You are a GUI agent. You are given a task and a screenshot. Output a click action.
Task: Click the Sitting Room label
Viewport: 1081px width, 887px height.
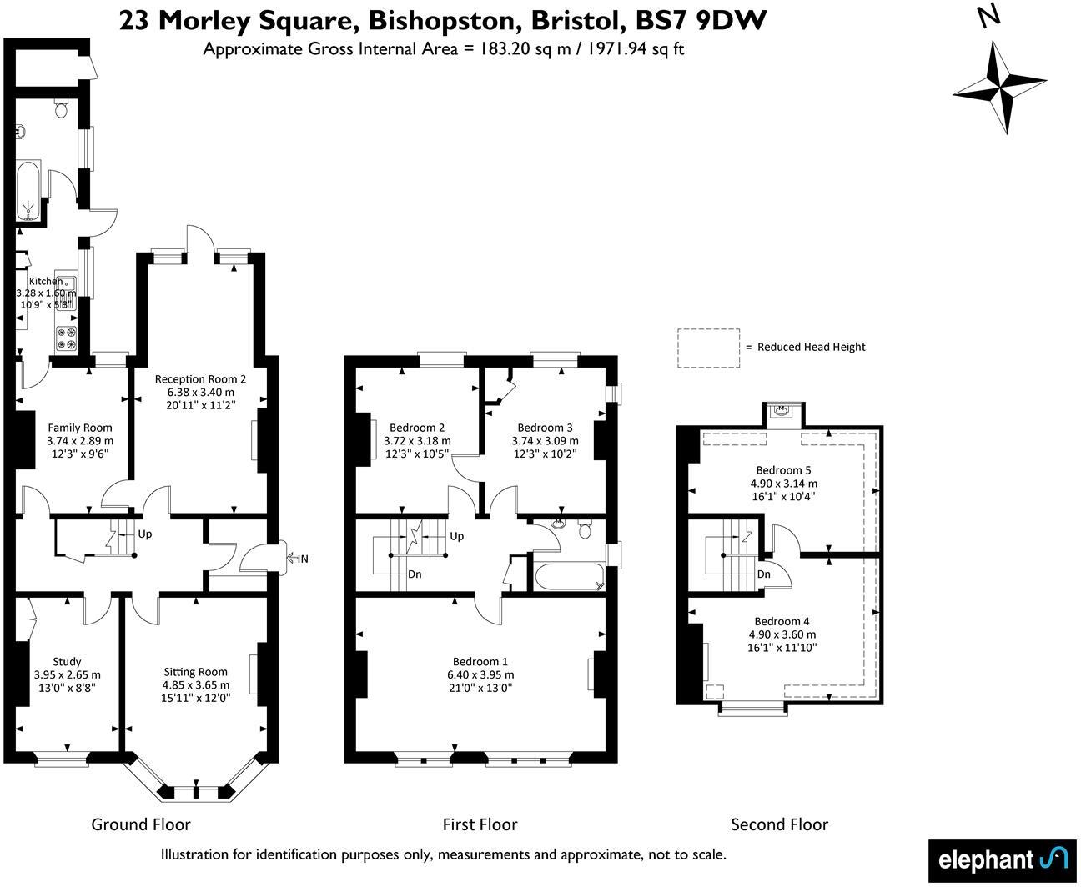[195, 672]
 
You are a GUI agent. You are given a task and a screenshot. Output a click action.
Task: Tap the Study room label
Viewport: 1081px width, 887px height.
[67, 662]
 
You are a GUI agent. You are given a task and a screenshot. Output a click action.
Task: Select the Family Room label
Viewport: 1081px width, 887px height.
[79, 428]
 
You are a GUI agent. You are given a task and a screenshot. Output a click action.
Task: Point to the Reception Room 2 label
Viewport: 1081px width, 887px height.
[200, 378]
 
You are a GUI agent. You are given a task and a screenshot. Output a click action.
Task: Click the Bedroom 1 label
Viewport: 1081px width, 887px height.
[480, 662]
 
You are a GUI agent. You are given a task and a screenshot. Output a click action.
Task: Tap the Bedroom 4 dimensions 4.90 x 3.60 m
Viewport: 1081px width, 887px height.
[782, 634]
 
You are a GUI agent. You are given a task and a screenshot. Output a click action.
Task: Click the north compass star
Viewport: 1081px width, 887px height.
[999, 87]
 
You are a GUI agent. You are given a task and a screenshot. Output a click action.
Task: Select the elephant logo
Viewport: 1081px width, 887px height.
[1002, 859]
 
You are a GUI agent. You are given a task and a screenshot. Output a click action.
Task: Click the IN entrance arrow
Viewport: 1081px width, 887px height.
[297, 558]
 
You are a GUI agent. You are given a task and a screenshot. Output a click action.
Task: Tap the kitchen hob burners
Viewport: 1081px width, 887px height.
[67, 338]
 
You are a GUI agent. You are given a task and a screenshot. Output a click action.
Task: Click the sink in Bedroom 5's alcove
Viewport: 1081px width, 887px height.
[782, 410]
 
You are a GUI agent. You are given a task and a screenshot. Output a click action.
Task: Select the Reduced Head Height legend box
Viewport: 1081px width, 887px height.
[708, 347]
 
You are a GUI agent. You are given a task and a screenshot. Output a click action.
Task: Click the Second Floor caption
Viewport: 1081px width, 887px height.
[779, 824]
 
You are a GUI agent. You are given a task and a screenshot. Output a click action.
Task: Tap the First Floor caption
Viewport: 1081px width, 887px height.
[480, 824]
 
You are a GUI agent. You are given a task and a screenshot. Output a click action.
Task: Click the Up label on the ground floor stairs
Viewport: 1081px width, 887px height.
[145, 534]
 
